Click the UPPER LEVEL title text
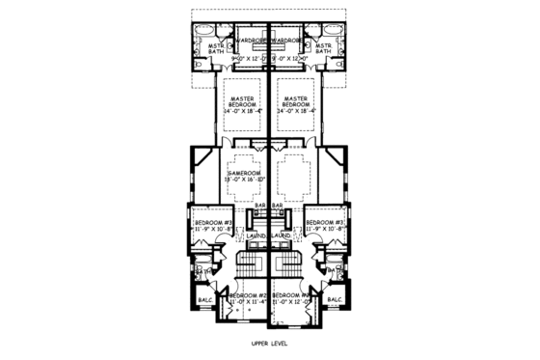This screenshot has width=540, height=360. coord(270,343)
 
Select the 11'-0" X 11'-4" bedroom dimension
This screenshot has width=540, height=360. coord(248,302)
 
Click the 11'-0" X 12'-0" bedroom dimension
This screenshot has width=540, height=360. coord(291,302)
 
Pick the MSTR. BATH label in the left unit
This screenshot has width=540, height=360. coord(216,49)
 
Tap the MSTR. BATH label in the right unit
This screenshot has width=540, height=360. coord(323,49)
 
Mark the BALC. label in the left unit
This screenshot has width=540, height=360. coord(205,300)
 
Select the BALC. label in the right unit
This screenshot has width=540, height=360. coord(334,300)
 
